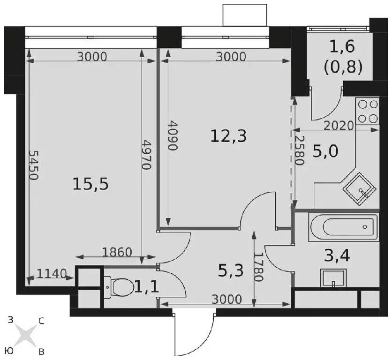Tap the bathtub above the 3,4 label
343,227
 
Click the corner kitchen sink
359,189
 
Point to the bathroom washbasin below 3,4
333,278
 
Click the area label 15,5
90,184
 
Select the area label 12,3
228,136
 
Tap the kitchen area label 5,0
325,151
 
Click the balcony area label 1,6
342,46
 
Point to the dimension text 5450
33,165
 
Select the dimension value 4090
173,136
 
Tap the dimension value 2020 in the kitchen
339,126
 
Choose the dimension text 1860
117,252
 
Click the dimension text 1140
52,273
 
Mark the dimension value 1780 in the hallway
259,267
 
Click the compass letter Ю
9,351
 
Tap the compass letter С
41,321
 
